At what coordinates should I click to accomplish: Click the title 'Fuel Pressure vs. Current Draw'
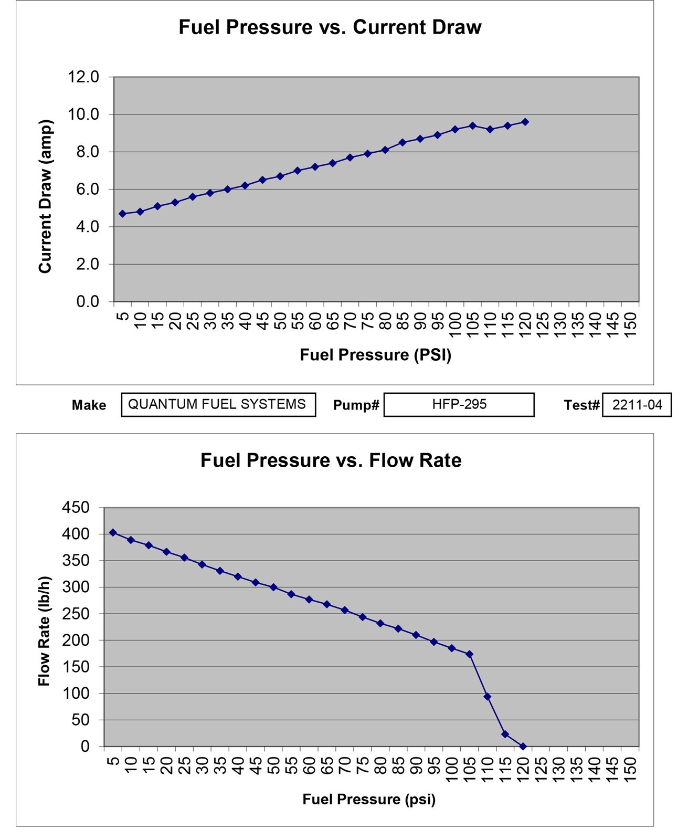[x=330, y=27]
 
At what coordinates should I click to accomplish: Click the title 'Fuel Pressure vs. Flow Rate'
[x=331, y=460]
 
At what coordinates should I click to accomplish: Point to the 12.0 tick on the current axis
[x=83, y=77]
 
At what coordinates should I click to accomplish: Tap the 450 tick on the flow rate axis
[x=76, y=508]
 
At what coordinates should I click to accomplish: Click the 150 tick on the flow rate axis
[x=76, y=667]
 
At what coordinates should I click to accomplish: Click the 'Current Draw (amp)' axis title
[x=45, y=196]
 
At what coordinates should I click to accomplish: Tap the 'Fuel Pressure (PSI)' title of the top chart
[x=375, y=355]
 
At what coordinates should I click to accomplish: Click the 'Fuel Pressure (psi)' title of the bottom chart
[x=369, y=799]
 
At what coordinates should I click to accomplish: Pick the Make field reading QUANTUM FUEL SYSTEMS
[x=218, y=405]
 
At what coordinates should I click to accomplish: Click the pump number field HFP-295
[x=459, y=405]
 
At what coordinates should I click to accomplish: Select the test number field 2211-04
[x=637, y=405]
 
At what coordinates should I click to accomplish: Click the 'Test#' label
[x=581, y=405]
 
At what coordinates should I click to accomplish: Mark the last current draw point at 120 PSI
[x=525, y=122]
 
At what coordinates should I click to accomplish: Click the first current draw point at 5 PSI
[x=122, y=214]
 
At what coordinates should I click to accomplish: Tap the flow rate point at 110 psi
[x=487, y=697]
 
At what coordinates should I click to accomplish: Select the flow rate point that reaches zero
[x=523, y=746]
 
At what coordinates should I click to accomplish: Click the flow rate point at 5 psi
[x=113, y=533]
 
